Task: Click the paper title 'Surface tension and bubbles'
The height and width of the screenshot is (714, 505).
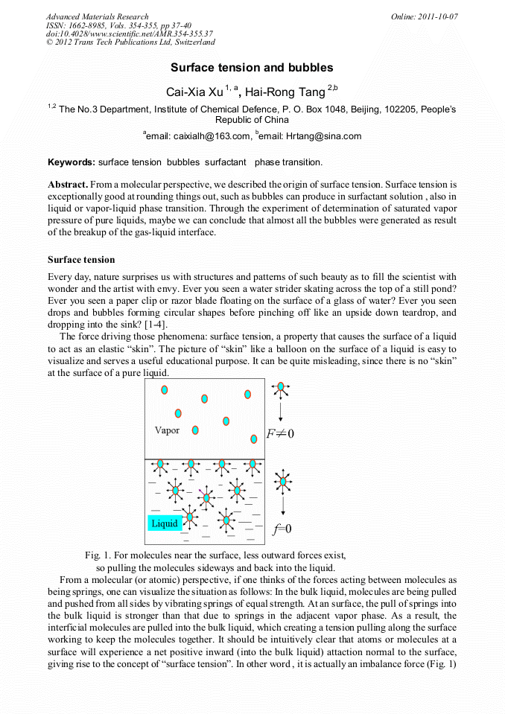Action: [x=252, y=68]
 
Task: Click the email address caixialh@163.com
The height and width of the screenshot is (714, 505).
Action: [x=201, y=136]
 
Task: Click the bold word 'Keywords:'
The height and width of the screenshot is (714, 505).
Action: [x=72, y=162]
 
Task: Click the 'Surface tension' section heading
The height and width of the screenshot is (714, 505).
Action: [x=81, y=260]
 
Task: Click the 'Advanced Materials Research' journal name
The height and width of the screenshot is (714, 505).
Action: [x=97, y=16]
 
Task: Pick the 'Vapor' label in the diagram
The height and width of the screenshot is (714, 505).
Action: [x=167, y=430]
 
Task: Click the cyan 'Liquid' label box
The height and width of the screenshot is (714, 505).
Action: [x=165, y=523]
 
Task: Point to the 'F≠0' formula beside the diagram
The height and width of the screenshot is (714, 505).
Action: [x=280, y=434]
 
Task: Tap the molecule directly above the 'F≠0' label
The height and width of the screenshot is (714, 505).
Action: [x=280, y=388]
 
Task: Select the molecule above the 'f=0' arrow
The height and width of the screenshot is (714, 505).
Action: [x=282, y=482]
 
